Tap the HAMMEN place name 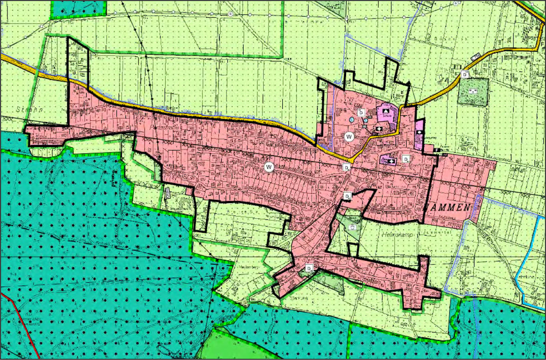448,207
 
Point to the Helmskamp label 397,235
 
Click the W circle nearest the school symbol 349,137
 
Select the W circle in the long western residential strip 269,167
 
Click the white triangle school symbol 386,111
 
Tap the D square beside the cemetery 465,74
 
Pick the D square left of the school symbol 361,112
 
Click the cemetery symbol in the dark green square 473,91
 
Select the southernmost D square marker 309,268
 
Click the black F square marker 437,150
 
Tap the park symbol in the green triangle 353,227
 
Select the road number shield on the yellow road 476,57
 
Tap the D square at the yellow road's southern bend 346,167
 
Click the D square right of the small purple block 406,159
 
